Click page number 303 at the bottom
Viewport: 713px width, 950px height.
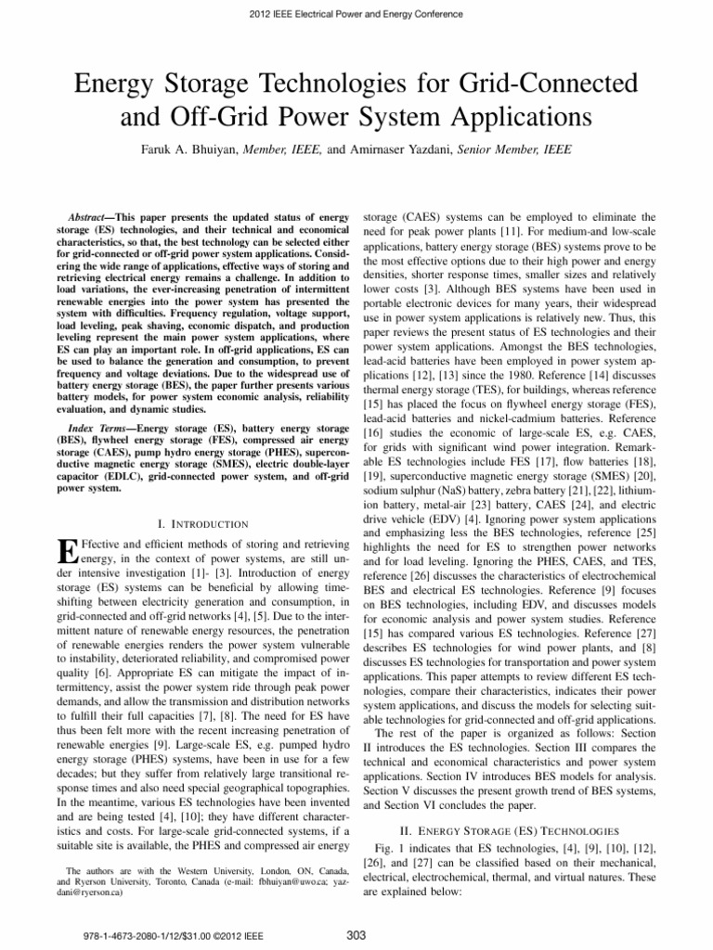(356, 933)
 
